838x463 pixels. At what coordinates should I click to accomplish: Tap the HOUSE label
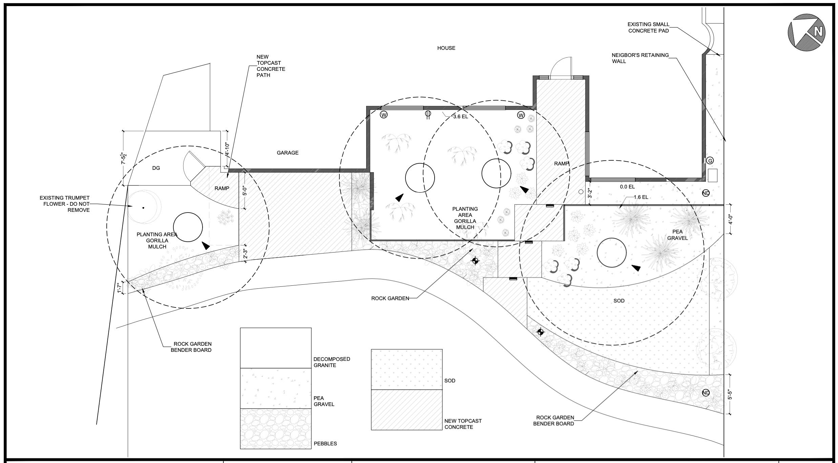pyautogui.click(x=446, y=48)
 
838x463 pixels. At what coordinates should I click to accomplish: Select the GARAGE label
pyautogui.click(x=288, y=153)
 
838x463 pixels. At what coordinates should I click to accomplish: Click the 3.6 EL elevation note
pyautogui.click(x=460, y=117)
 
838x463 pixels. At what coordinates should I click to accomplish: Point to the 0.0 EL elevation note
pyautogui.click(x=627, y=187)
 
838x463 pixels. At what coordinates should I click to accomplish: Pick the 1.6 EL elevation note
pyautogui.click(x=641, y=197)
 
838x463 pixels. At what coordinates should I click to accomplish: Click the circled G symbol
pyautogui.click(x=710, y=161)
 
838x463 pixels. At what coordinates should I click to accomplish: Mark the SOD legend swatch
pyautogui.click(x=406, y=369)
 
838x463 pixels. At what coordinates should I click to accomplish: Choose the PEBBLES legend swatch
pyautogui.click(x=275, y=429)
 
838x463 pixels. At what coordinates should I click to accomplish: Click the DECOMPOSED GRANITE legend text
pyautogui.click(x=332, y=362)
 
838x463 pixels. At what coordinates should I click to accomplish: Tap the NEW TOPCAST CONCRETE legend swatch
pyautogui.click(x=406, y=410)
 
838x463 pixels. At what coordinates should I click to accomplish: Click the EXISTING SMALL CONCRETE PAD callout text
pyautogui.click(x=648, y=27)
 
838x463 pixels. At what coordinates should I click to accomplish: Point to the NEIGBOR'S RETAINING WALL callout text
pyautogui.click(x=640, y=58)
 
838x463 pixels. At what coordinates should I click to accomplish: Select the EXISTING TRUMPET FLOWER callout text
pyautogui.click(x=65, y=204)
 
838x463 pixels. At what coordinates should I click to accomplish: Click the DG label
pyautogui.click(x=156, y=168)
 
